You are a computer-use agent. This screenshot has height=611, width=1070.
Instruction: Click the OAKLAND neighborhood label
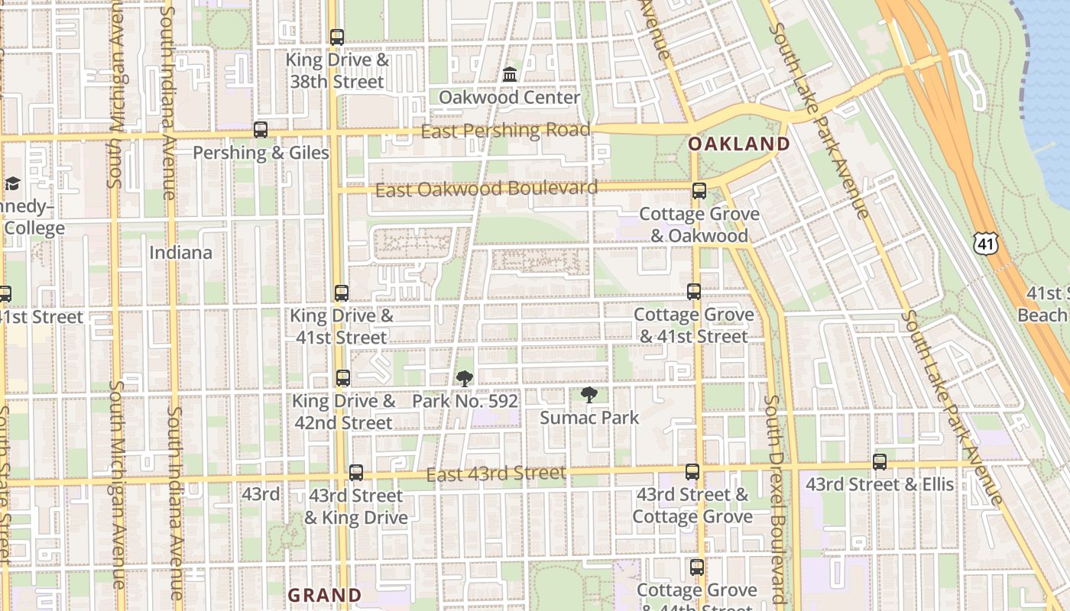point(739,144)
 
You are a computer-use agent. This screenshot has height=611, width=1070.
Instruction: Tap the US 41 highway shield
point(986,244)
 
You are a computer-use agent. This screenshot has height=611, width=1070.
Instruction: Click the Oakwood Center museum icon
point(510,75)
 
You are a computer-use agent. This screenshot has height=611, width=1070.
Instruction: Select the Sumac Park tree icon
point(588,395)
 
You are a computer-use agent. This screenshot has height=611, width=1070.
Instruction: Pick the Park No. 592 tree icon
point(464,379)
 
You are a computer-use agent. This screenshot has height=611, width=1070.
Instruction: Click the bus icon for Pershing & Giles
point(261,130)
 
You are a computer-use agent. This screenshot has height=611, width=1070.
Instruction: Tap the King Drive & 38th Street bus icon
point(337,37)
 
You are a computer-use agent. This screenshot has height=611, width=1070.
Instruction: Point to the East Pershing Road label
point(505,131)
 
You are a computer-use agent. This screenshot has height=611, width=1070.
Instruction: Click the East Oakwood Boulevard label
point(486,189)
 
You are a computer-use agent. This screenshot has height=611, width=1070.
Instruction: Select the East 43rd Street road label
point(496,474)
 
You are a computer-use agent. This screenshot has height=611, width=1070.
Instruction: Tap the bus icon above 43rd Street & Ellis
point(880,461)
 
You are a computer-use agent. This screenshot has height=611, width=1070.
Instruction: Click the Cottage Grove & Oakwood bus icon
point(699,191)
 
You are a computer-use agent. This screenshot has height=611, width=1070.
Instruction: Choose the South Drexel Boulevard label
point(778,499)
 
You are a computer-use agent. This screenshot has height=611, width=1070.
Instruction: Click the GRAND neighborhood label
point(324,595)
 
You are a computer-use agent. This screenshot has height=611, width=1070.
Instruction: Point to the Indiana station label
point(180,252)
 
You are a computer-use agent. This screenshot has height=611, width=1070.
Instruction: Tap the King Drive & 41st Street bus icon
point(342,293)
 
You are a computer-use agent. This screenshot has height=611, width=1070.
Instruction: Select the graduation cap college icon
point(12,183)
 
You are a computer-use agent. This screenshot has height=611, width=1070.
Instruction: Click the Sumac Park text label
point(589,418)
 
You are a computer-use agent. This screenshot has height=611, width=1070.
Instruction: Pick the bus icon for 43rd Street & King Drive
point(356,473)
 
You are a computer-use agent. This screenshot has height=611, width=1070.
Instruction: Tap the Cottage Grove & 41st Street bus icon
point(693,291)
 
